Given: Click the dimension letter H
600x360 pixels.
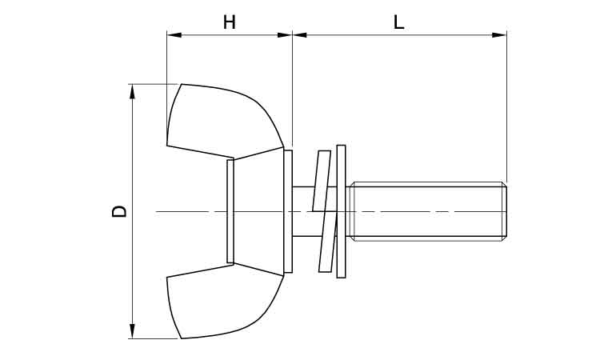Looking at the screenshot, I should (x=230, y=22).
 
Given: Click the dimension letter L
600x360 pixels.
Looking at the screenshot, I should (x=398, y=22).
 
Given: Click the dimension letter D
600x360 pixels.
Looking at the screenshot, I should (x=118, y=211).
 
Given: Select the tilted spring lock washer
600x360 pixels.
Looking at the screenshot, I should (x=323, y=211).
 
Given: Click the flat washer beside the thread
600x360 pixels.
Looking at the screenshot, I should (x=342, y=211).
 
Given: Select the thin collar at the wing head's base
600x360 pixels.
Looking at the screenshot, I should (x=289, y=211).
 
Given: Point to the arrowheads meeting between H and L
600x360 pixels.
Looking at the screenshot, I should (x=292, y=34).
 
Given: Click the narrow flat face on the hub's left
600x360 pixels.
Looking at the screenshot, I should (x=230, y=211).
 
